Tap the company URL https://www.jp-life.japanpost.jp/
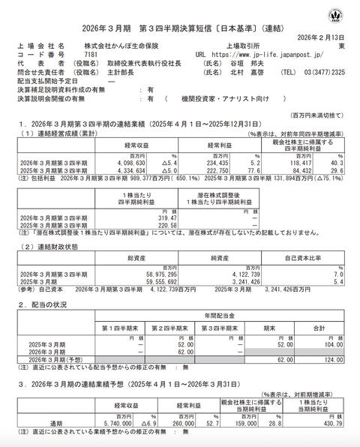pyautogui.click(x=259, y=55)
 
